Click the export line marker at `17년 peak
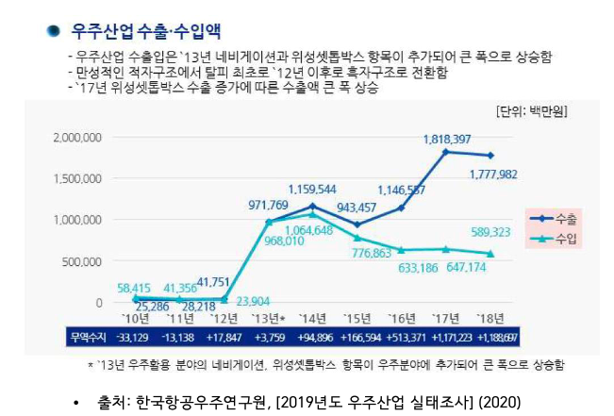pyautogui.click(x=445, y=151)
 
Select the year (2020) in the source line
pyautogui.click(x=499, y=402)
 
